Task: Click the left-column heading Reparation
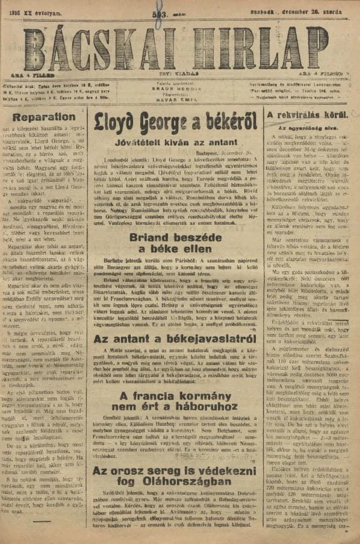click(x=44, y=117)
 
